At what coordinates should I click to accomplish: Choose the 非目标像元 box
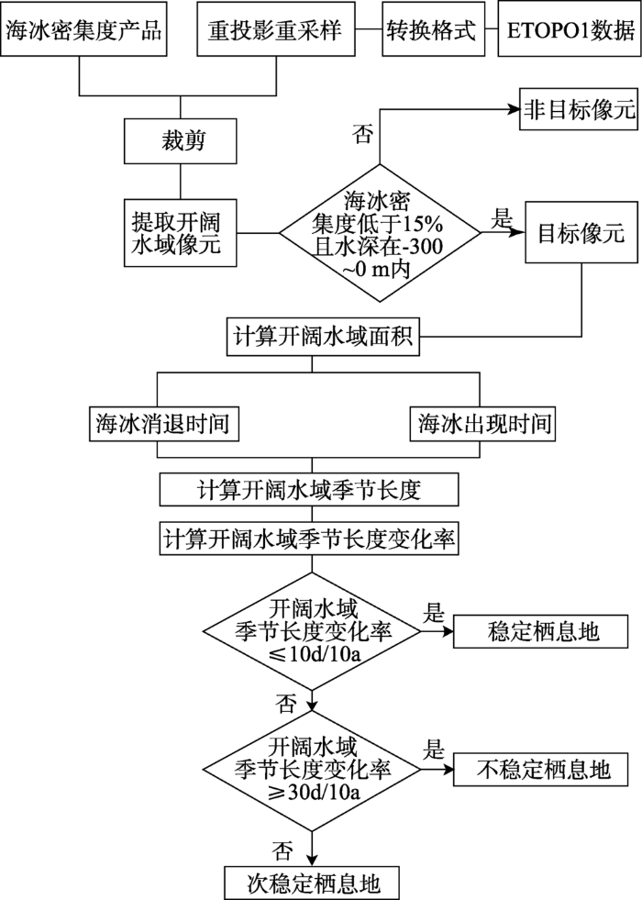tap(578, 108)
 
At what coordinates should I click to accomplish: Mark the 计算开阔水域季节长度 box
tap(308, 489)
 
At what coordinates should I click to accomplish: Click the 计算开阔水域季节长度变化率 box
tap(308, 539)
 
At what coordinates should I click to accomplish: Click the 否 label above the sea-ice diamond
tap(362, 135)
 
